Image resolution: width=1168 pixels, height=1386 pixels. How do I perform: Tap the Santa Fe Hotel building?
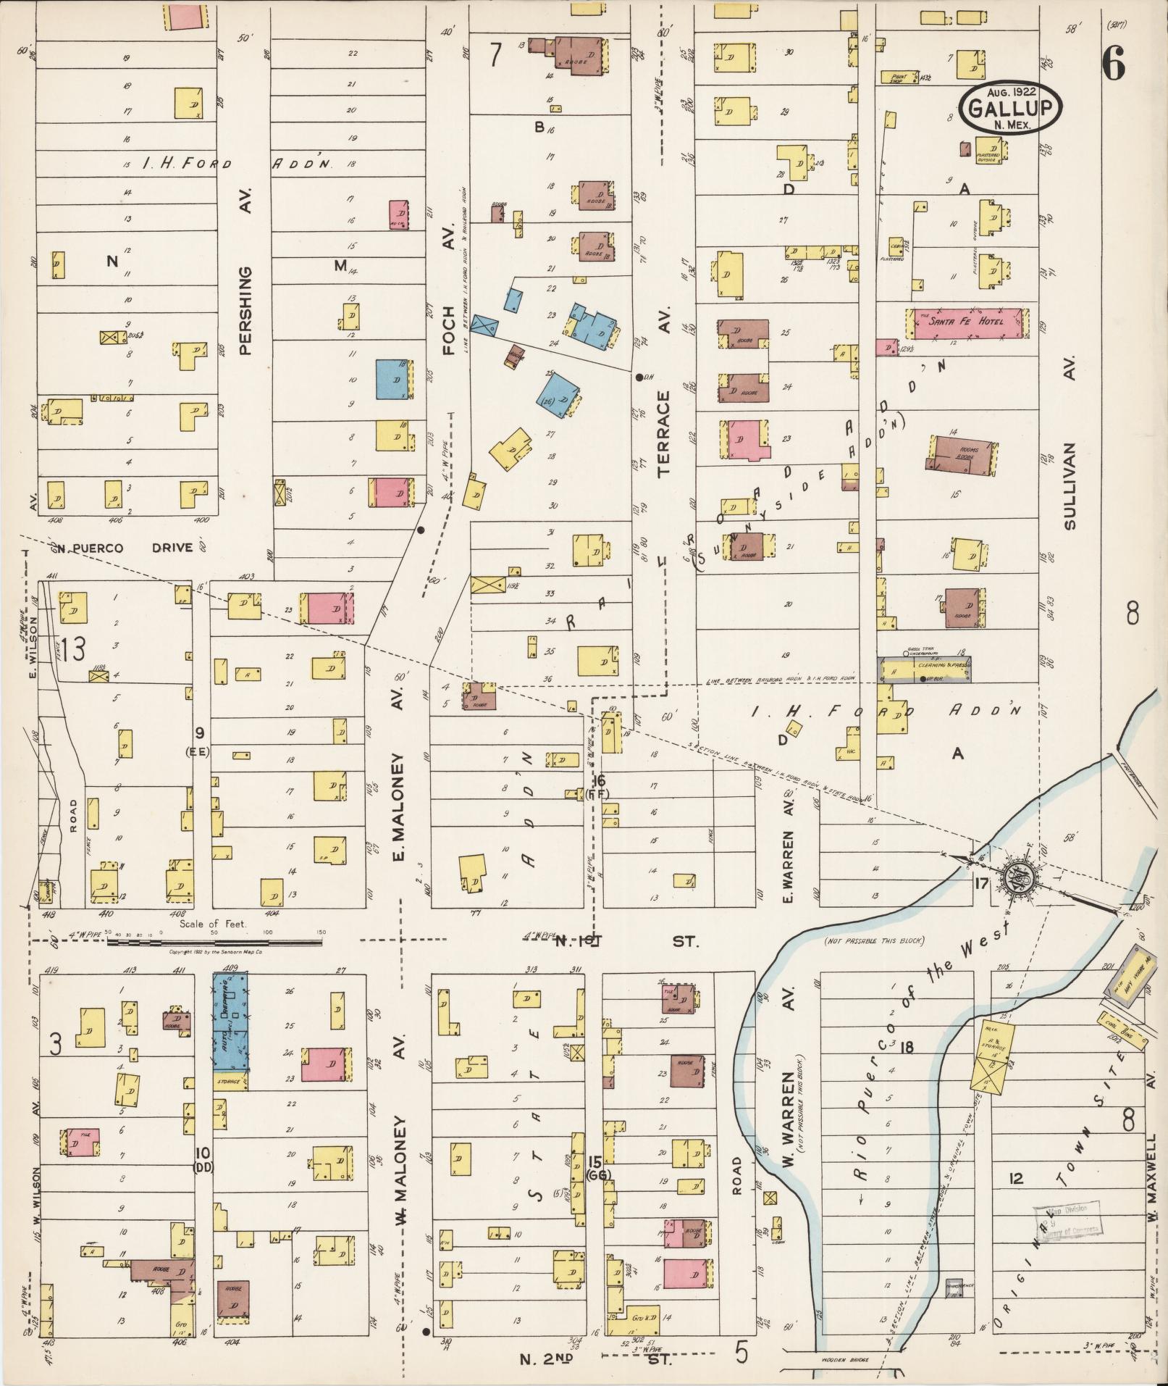click(966, 324)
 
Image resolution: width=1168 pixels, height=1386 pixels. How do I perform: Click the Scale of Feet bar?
click(214, 942)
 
